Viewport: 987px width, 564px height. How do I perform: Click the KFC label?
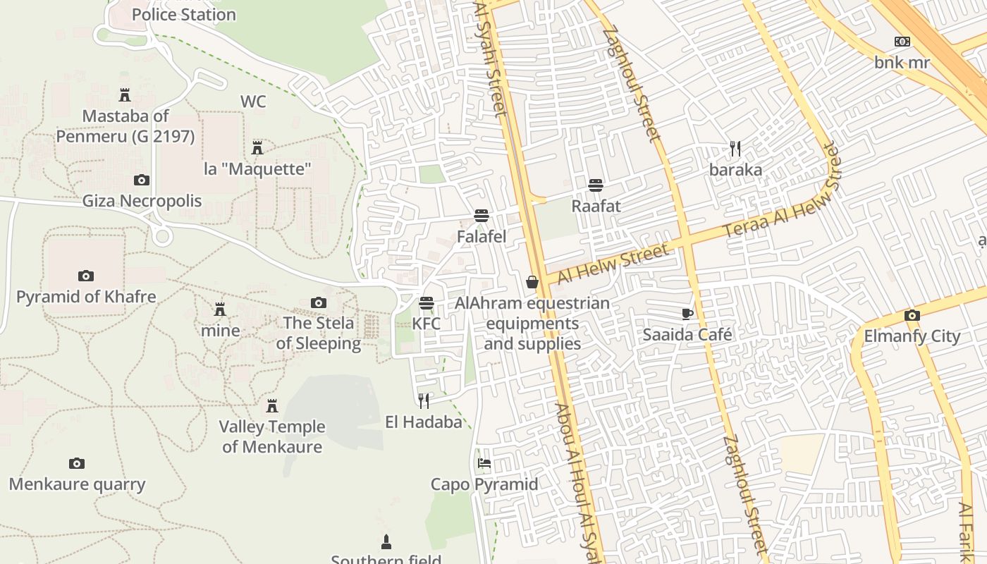click(x=426, y=324)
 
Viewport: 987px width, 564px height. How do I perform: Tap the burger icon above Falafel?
click(x=482, y=215)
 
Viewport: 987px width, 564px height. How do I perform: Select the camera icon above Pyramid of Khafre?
click(x=86, y=276)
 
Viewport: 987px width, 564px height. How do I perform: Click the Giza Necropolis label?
click(x=142, y=201)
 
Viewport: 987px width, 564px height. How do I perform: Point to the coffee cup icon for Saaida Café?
click(x=687, y=314)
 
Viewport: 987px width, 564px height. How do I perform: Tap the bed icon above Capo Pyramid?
click(x=484, y=463)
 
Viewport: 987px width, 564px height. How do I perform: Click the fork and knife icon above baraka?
click(x=735, y=149)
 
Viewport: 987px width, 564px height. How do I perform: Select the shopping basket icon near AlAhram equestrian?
click(x=532, y=282)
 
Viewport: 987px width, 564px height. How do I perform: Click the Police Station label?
click(x=183, y=14)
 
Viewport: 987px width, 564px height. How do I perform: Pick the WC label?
click(x=253, y=102)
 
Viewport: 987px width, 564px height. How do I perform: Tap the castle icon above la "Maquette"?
click(x=257, y=148)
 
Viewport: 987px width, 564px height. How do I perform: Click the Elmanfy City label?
click(x=912, y=336)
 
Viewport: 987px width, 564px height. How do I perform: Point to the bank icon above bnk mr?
click(x=902, y=42)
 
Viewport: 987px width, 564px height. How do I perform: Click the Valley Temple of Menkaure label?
click(x=272, y=436)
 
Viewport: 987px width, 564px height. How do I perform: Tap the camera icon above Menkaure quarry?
click(x=77, y=463)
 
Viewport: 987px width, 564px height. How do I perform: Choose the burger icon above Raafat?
click(x=596, y=185)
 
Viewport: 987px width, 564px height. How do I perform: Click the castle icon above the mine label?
click(x=220, y=309)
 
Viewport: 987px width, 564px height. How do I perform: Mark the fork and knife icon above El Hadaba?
click(x=424, y=401)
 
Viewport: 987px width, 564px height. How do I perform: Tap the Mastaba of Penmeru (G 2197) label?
click(x=125, y=125)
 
